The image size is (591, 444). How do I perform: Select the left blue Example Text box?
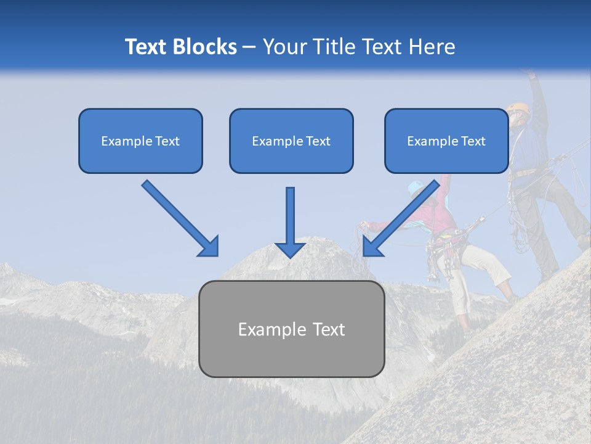pos(140,141)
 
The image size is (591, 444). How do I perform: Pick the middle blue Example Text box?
pos(291,141)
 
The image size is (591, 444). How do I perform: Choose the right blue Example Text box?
pos(446,141)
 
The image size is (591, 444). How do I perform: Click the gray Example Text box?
pos(291,329)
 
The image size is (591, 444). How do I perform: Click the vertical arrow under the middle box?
pos(291,222)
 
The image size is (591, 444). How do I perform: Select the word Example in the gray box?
pos(267,329)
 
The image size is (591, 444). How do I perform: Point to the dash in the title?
pos(249,47)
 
